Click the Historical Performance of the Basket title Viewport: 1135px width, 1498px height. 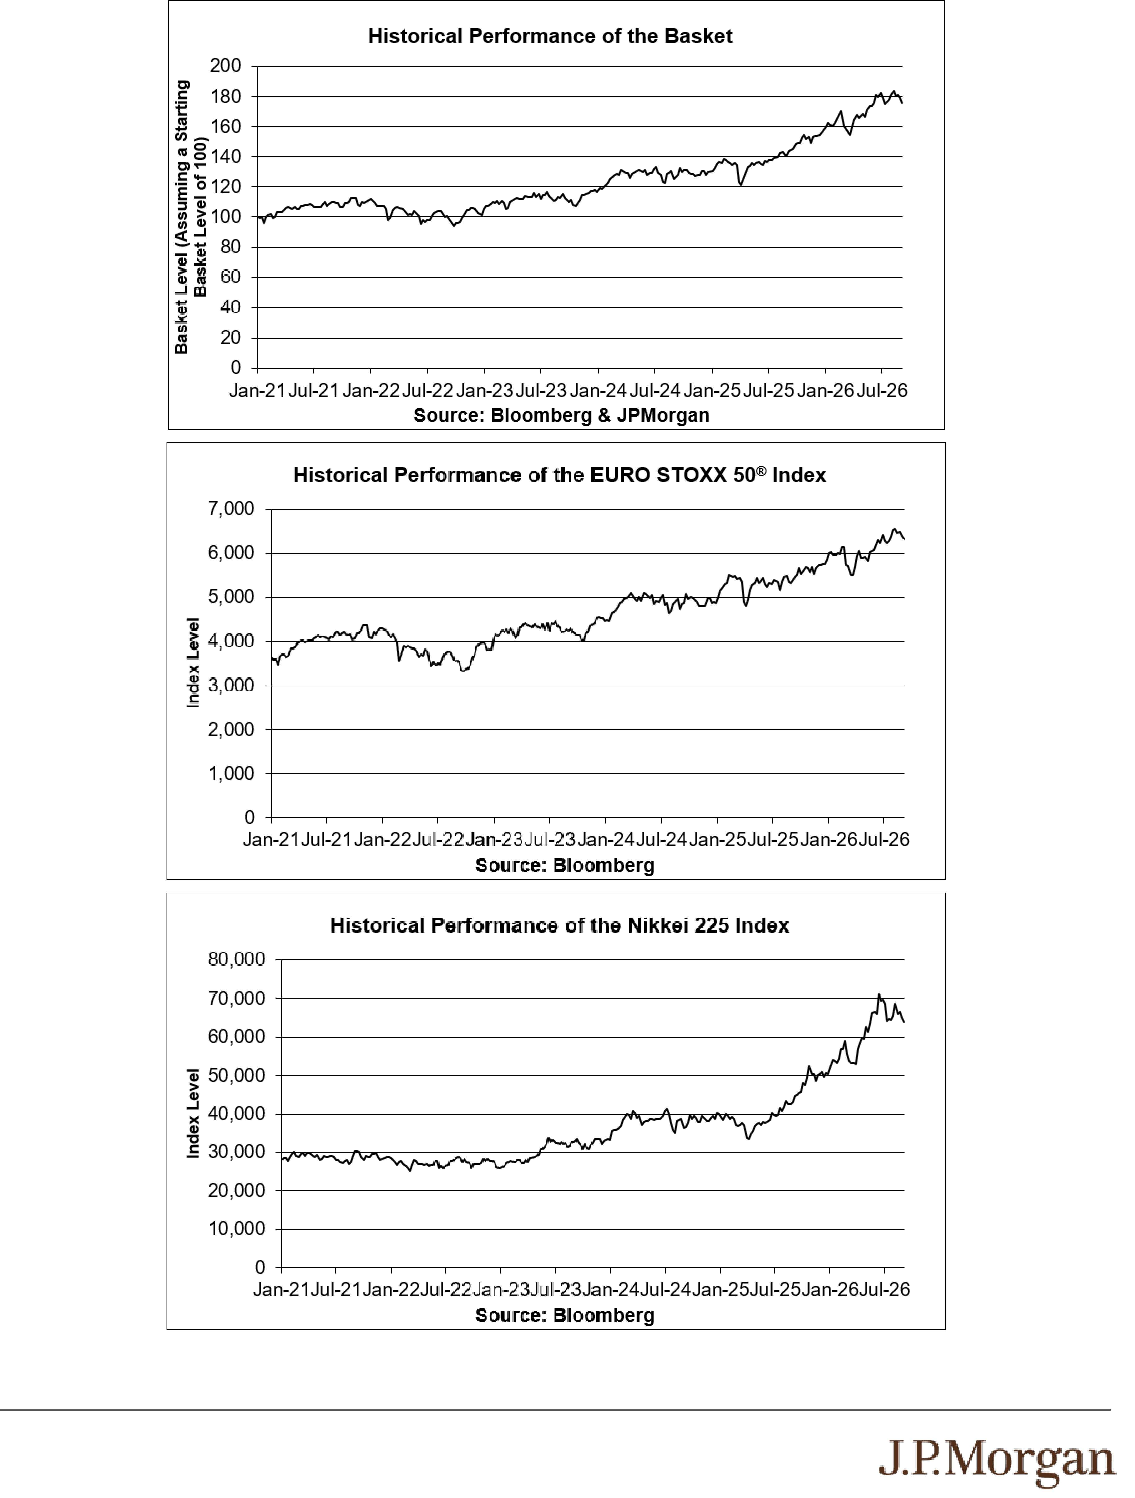pos(550,36)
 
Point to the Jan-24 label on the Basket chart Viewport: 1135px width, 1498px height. pos(598,391)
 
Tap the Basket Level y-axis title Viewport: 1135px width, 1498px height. pos(191,217)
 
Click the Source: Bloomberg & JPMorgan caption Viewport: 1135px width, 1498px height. pos(562,415)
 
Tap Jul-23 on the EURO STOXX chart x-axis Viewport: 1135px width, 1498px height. pos(550,840)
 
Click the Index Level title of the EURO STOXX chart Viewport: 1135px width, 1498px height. pos(194,663)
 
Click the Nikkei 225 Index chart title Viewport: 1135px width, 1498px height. pos(560,926)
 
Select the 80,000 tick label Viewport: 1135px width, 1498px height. pos(237,960)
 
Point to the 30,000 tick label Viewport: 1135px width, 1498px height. pos(237,1152)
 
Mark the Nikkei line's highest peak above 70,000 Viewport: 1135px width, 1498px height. pos(878,994)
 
